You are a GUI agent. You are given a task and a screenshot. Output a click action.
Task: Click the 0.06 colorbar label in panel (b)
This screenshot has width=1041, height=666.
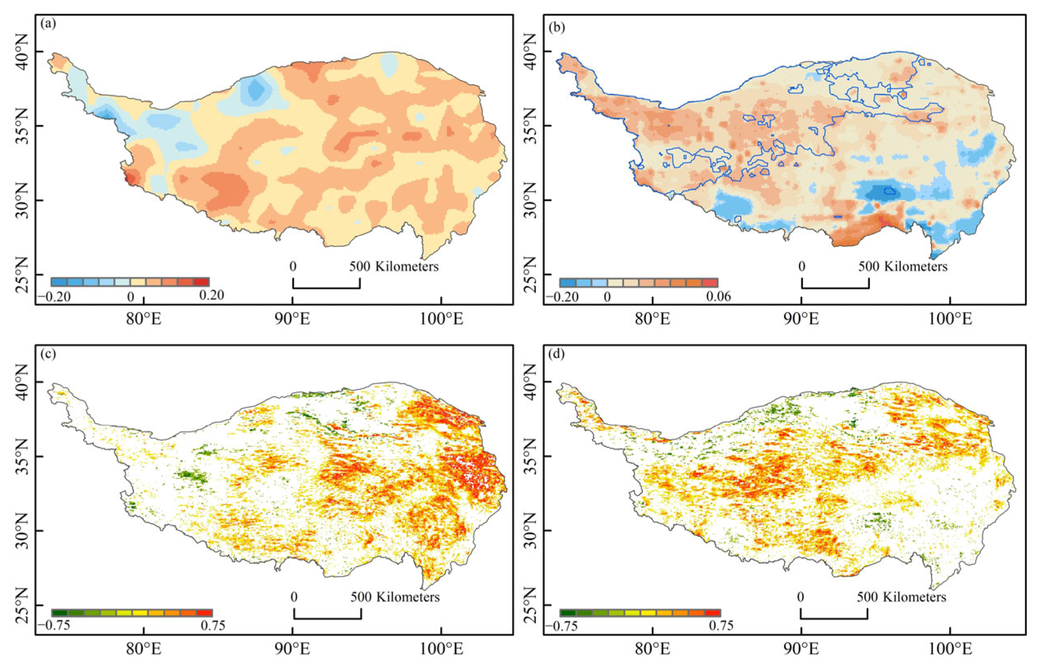(718, 297)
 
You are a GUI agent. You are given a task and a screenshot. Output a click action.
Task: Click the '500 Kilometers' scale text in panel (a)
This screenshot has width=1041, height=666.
(394, 266)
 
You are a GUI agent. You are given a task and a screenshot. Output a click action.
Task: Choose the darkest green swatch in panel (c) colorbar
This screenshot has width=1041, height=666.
(60, 613)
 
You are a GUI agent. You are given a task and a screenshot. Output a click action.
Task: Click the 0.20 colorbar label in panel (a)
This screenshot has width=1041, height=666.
(212, 295)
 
